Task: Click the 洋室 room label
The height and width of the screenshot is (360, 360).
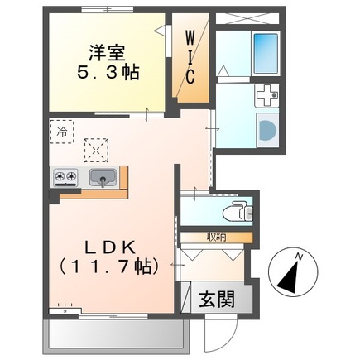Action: (x=107, y=50)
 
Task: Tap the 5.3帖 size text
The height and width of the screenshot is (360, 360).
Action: (x=108, y=73)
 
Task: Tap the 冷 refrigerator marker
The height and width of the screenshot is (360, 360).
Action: (x=61, y=131)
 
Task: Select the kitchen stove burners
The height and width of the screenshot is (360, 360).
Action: (x=65, y=176)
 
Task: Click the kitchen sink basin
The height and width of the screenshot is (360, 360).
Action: (x=102, y=176)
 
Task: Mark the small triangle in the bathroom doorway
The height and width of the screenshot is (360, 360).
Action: (x=222, y=72)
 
